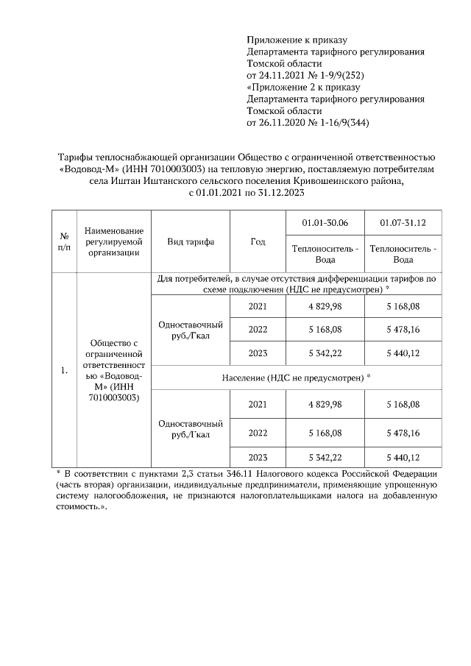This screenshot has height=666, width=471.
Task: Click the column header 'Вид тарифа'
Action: [191, 242]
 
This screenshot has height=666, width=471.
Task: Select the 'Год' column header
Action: [258, 242]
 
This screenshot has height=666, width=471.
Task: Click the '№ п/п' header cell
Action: [64, 242]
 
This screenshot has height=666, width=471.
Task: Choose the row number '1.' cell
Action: [64, 371]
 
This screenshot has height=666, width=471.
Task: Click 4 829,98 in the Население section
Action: [325, 404]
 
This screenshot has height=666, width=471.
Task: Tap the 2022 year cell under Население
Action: [258, 433]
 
